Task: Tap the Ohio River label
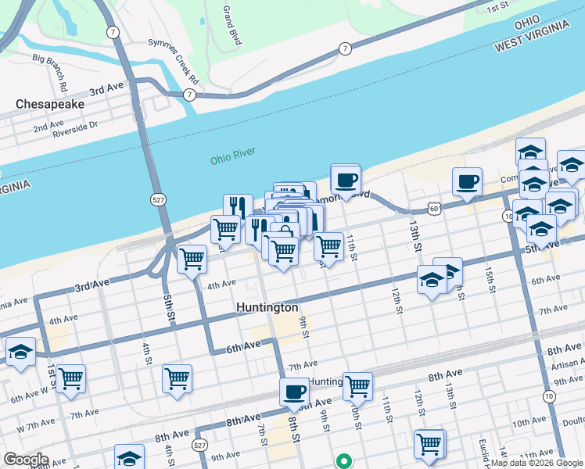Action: click(233, 159)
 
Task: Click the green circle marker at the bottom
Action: click(343, 461)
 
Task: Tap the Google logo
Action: click(25, 460)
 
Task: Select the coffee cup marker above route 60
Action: click(468, 182)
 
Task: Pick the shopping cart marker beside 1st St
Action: click(70, 378)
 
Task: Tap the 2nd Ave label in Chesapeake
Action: click(48, 124)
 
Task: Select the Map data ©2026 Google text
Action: click(537, 463)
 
